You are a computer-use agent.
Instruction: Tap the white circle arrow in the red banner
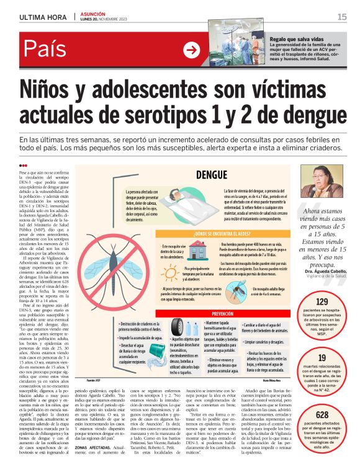tap(192, 50)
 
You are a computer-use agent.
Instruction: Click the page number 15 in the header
tap(341, 17)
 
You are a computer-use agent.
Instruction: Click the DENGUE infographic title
tap(211, 176)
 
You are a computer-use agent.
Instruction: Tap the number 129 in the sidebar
tap(322, 302)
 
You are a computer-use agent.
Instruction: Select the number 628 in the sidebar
tap(322, 414)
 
